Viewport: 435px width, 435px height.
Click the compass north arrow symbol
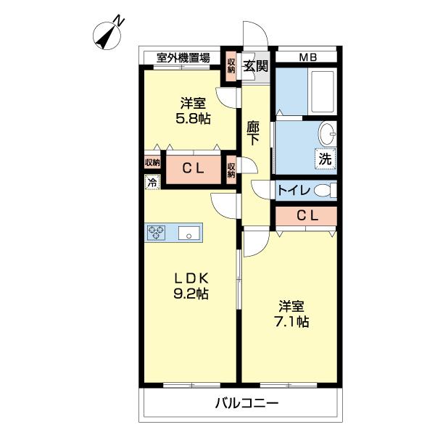107,36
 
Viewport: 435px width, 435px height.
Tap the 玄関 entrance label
256,66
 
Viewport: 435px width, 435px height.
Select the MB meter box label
308,57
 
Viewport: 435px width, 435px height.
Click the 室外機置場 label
183,58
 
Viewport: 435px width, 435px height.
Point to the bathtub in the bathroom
322,91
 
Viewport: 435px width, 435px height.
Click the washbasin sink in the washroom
328,133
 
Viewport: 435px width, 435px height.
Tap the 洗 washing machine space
325,159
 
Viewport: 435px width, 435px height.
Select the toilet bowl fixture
325,191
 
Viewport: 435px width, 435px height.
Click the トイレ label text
294,190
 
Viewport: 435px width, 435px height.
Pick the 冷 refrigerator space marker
152,182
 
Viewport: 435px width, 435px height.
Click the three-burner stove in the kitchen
156,233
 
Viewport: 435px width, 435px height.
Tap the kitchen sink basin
188,233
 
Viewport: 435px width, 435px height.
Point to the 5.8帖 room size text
193,119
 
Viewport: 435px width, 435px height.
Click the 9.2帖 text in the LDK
191,294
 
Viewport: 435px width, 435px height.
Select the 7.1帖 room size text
291,321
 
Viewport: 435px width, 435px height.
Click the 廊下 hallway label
253,133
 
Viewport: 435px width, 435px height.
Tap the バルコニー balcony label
246,402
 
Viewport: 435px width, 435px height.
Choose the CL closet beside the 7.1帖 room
307,216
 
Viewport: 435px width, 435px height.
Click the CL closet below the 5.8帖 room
194,169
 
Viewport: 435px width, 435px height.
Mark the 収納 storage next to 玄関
231,66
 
